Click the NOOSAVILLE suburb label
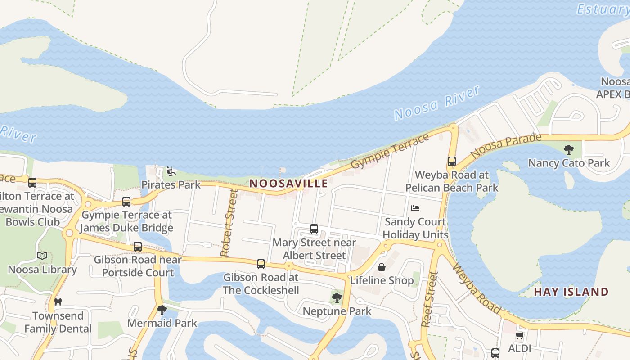click(288, 184)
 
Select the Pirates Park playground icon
click(171, 171)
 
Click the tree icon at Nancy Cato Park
click(569, 150)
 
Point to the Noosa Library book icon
click(42, 256)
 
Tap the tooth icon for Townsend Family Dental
click(58, 302)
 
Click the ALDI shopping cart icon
click(519, 336)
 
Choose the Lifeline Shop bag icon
click(382, 267)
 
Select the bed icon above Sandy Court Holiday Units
click(415, 208)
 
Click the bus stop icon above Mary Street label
click(314, 229)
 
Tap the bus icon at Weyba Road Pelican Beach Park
click(452, 162)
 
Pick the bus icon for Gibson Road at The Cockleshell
click(261, 264)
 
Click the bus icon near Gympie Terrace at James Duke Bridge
click(126, 202)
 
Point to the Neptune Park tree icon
click(337, 297)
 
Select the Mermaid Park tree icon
click(162, 310)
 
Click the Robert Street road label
click(228, 223)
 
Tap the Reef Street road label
click(429, 299)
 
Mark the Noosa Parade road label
click(506, 145)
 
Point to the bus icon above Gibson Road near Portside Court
click(138, 247)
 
